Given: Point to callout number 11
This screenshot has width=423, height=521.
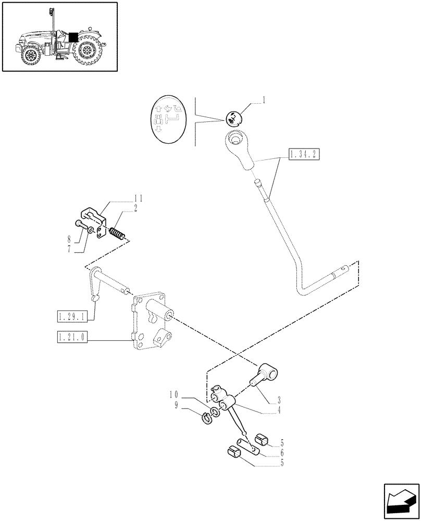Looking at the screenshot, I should tap(138, 199).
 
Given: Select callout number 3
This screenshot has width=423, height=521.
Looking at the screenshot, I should tap(279, 401).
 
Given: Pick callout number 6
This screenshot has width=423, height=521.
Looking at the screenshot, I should tap(281, 453).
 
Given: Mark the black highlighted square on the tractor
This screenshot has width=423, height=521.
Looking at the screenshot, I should tap(73, 38).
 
